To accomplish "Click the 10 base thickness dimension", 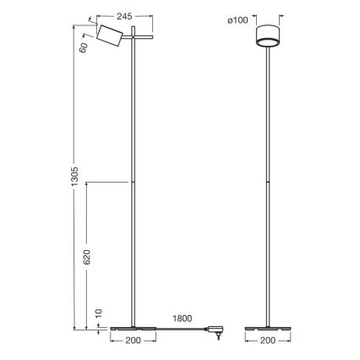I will [x=99, y=314].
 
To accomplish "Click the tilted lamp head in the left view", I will [x=108, y=38].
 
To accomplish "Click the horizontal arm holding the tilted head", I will [x=136, y=38].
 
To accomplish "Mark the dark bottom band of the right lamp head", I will [x=269, y=44].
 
